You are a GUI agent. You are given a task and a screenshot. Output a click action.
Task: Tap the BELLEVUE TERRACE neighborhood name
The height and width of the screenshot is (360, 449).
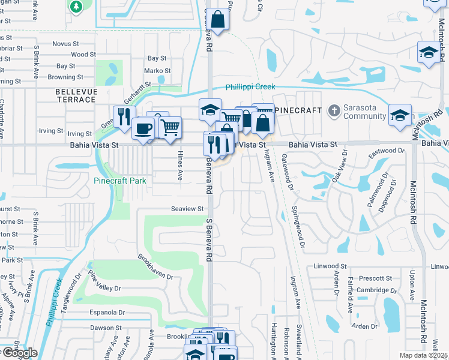76,95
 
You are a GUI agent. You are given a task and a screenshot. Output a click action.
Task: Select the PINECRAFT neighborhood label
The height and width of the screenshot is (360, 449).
294,110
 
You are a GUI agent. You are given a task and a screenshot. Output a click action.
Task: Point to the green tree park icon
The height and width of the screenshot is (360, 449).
76,7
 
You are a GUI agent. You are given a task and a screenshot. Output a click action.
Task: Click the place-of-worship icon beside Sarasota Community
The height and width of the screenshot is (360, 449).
334,110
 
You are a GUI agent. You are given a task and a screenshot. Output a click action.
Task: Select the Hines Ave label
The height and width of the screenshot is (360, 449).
179,166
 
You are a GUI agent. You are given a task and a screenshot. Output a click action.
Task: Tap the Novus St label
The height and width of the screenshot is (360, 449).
66,43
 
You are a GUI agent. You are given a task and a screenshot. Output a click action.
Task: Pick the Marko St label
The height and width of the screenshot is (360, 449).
157,70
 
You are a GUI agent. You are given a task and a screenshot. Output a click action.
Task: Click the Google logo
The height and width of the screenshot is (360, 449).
19,353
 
